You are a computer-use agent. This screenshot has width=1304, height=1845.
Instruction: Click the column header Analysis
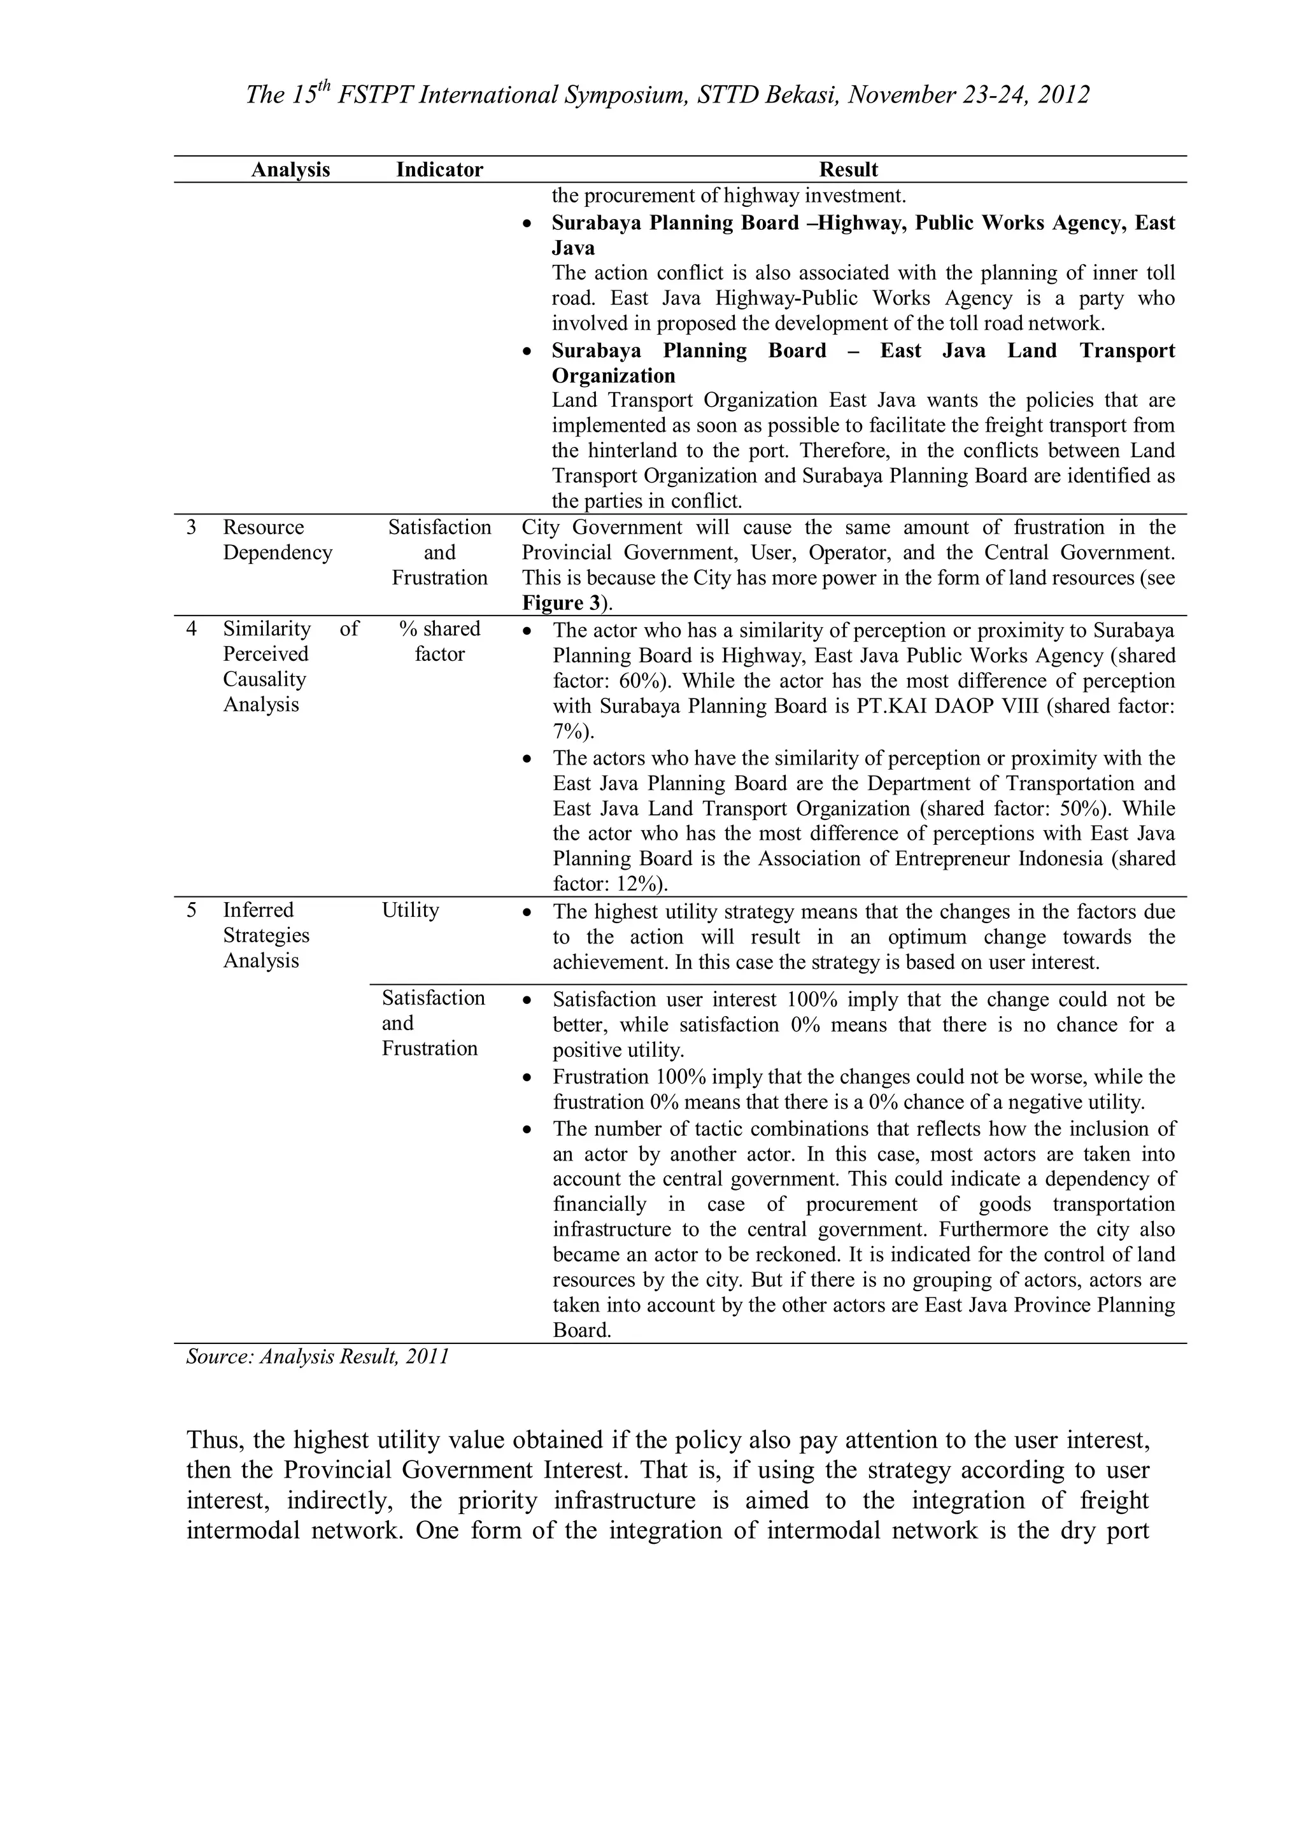(x=290, y=169)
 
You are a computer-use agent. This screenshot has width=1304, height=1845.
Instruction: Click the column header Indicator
(x=439, y=169)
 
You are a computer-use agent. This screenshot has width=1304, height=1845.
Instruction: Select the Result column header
(x=849, y=169)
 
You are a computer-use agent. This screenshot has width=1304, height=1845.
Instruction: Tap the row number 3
(x=191, y=527)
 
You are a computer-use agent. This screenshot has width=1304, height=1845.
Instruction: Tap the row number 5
(x=191, y=910)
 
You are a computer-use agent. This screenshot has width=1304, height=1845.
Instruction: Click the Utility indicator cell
(x=411, y=910)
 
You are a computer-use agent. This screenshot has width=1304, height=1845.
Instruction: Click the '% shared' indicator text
(x=439, y=628)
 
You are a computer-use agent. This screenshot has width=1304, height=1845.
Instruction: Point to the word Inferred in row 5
(x=258, y=910)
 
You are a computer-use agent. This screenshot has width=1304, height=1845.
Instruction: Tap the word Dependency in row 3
(x=277, y=552)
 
